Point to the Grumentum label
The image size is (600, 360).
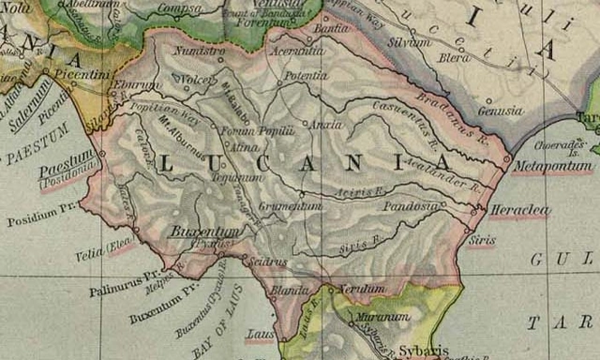pyautogui.click(x=290, y=204)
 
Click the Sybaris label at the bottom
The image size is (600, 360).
pyautogui.click(x=419, y=349)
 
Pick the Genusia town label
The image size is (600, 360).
pyautogui.click(x=500, y=112)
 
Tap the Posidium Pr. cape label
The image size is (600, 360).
pyautogui.click(x=38, y=221)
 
